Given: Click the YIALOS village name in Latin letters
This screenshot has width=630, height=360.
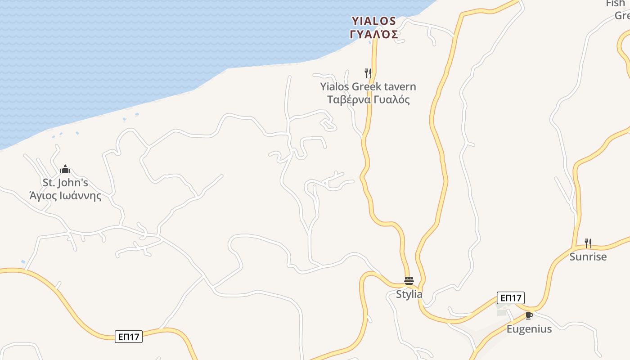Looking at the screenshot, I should (x=373, y=21).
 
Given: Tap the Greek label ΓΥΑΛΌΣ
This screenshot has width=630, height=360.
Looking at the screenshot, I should (x=373, y=34).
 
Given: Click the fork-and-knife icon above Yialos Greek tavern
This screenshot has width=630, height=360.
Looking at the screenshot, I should (x=368, y=73).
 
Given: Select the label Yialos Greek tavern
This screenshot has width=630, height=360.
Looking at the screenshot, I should (x=368, y=86).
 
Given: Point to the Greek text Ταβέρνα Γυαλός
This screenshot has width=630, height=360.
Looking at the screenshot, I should (x=368, y=99).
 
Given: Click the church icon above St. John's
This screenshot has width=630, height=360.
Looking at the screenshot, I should (x=65, y=170).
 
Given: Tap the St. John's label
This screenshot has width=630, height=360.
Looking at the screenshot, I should (x=65, y=183).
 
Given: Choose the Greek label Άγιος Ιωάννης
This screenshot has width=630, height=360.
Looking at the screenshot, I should (x=65, y=196).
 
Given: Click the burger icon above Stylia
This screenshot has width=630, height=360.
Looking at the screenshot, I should (x=409, y=281).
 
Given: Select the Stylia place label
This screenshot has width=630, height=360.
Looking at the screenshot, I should (x=409, y=294).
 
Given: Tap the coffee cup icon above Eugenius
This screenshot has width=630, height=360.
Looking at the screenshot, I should (x=529, y=315).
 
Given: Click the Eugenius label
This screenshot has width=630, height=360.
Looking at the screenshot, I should (x=529, y=329).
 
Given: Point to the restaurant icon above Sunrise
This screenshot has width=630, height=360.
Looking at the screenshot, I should (x=588, y=243).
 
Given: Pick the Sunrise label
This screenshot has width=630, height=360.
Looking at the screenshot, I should (x=588, y=256).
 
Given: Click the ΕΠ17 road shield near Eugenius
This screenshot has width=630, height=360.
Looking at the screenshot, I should (x=511, y=298).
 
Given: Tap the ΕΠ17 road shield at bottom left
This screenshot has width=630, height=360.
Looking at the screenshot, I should (x=129, y=337).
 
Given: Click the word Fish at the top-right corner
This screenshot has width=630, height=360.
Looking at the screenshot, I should (x=615, y=4).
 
